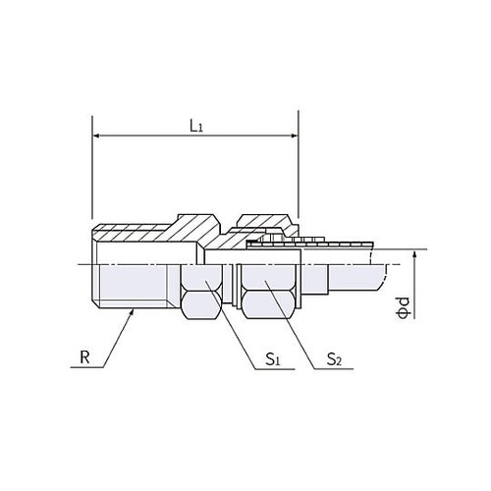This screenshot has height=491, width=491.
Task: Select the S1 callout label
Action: [272, 359]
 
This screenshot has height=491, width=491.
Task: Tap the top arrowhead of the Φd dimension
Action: [414, 254]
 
